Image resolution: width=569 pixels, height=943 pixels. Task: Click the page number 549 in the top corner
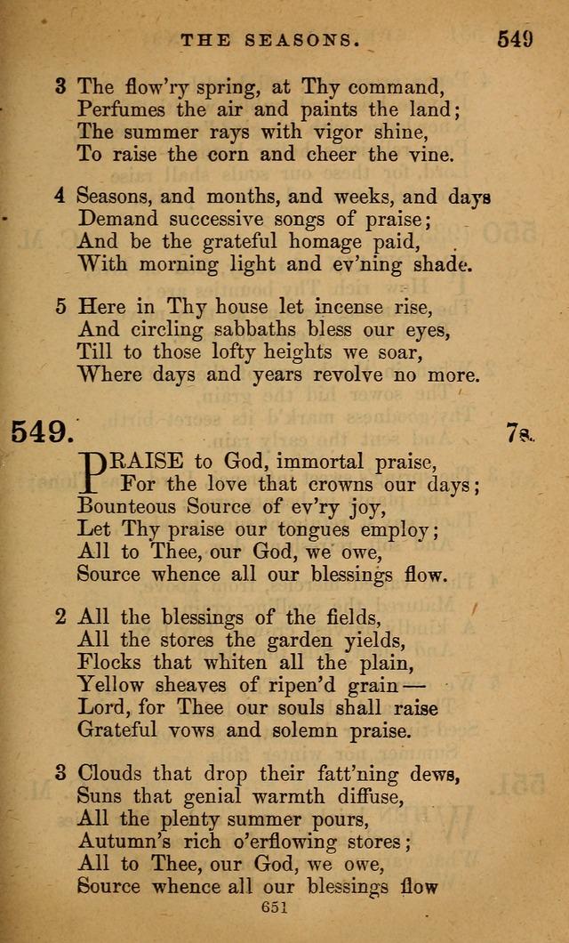pyautogui.click(x=515, y=39)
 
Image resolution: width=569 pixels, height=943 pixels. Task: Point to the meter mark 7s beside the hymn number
pyautogui.click(x=518, y=433)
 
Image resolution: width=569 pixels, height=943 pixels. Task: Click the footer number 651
pyautogui.click(x=284, y=907)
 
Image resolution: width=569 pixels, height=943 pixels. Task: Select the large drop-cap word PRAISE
pyautogui.click(x=133, y=461)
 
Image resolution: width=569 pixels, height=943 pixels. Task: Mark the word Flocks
pyautogui.click(x=104, y=662)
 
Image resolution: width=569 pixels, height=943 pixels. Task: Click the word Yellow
pyautogui.click(x=108, y=685)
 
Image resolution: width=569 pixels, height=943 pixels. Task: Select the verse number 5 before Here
pyautogui.click(x=60, y=306)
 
